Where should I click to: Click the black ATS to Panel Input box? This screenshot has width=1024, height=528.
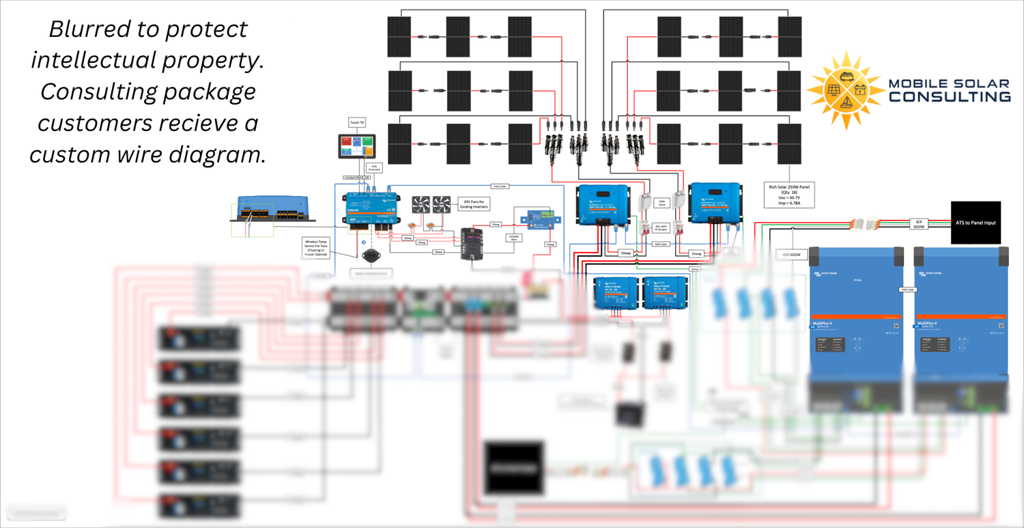point(976,223)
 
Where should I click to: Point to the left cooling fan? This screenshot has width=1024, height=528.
point(420,204)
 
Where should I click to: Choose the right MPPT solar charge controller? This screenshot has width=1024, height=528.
point(715,202)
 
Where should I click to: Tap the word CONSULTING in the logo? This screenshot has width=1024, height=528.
point(949,96)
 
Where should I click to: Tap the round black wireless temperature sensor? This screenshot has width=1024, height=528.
point(372,256)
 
